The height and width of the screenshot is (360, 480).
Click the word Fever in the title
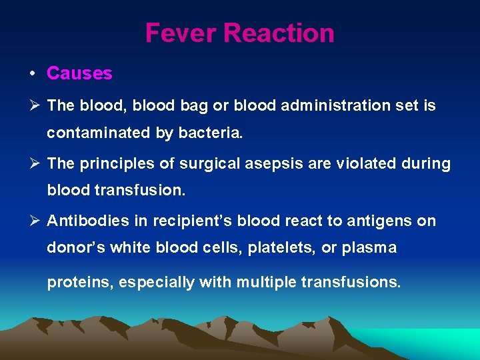[x=181, y=33]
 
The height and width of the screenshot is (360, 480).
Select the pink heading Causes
[x=79, y=73]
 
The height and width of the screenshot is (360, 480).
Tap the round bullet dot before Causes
[x=32, y=73]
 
